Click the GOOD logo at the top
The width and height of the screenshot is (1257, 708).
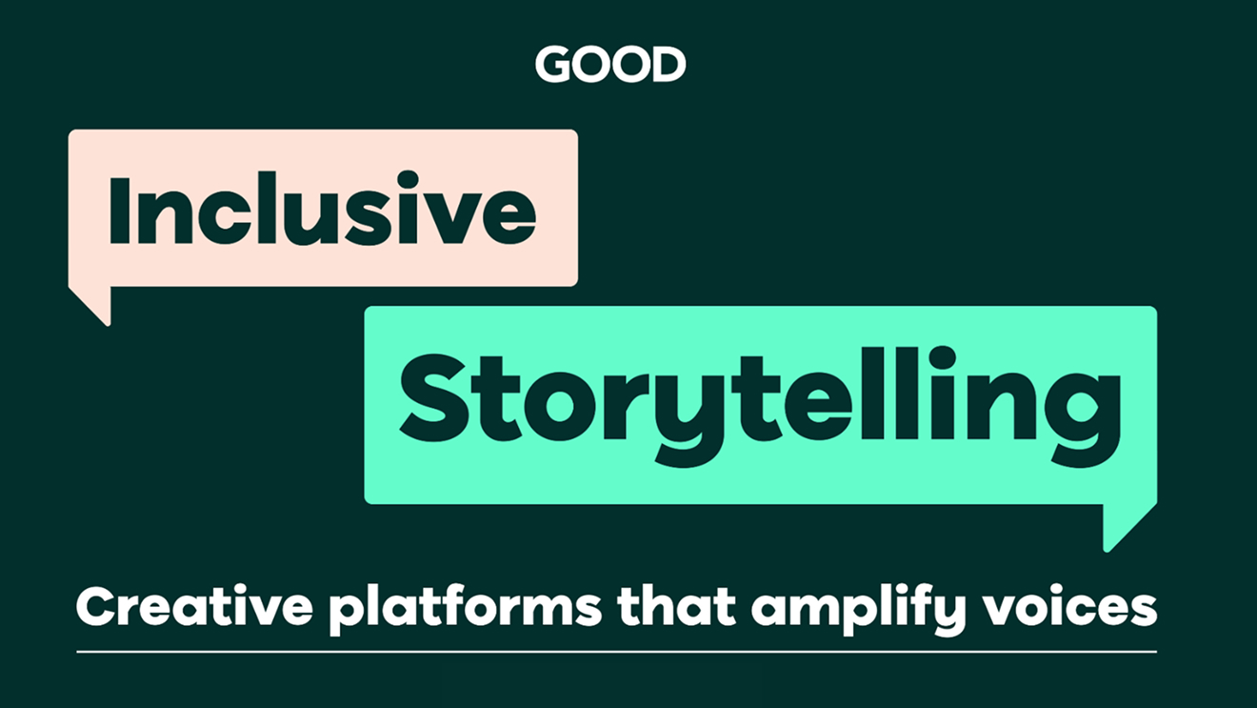coord(610,65)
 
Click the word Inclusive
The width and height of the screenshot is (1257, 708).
coord(323,208)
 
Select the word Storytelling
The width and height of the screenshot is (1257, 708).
coord(759,400)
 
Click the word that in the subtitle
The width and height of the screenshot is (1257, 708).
coord(675,607)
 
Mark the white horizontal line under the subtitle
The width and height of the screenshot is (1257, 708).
coord(616,653)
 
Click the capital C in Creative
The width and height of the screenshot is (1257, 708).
coord(96,607)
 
